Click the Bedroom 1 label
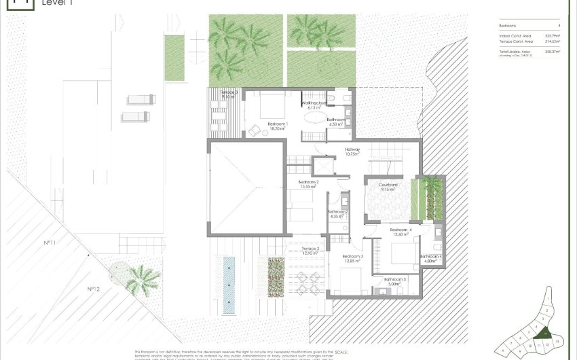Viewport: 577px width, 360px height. [x=278, y=125]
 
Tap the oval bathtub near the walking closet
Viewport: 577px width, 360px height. [x=313, y=117]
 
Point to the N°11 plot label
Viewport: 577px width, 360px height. [x=50, y=242]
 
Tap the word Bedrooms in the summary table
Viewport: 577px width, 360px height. [x=508, y=25]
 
